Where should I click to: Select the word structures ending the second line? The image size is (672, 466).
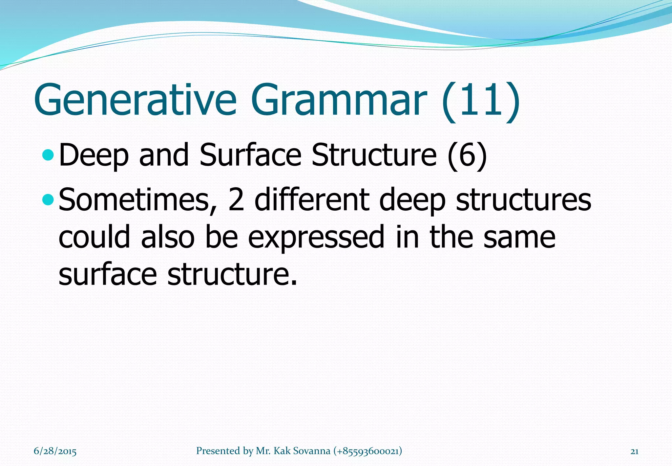click(523, 200)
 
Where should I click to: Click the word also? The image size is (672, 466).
click(168, 237)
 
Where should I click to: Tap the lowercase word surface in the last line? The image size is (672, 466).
click(108, 275)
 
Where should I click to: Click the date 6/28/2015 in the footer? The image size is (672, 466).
click(55, 451)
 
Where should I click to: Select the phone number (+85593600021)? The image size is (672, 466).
click(367, 451)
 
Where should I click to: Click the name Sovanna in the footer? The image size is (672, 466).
click(311, 451)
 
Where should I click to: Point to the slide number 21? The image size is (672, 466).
click(634, 451)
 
